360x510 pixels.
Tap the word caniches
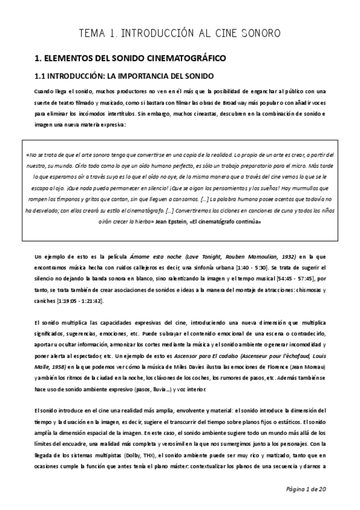point(46,300)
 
